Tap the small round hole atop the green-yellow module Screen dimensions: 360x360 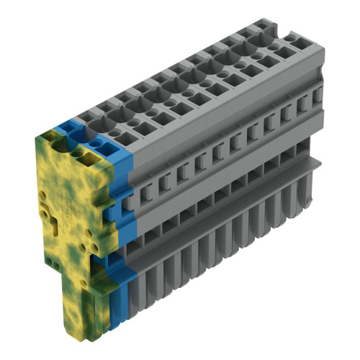coord(78,153)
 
